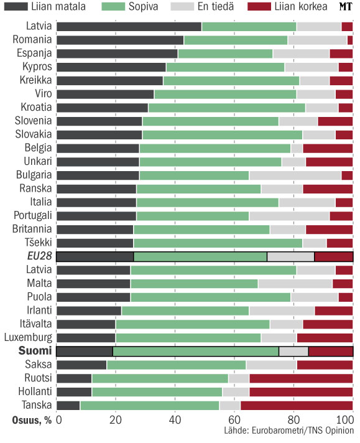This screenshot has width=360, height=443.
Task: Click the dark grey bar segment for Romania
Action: pos(120,40)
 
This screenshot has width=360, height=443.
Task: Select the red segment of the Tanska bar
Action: pos(297,406)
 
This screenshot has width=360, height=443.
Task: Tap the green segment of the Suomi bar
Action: pos(196,351)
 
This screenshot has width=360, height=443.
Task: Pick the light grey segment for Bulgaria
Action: pos(295,175)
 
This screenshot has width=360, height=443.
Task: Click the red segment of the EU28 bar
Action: pos(334,256)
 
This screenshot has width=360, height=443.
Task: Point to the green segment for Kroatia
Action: pos(227,108)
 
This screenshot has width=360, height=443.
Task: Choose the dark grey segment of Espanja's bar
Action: pos(117,54)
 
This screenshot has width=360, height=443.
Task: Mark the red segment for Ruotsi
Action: pos(301,378)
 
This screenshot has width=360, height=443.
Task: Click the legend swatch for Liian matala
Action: pos(16,6)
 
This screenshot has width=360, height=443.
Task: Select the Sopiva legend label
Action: pos(143,6)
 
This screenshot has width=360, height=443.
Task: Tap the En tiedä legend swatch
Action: pos(182,6)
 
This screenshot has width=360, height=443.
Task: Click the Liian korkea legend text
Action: pos(301,6)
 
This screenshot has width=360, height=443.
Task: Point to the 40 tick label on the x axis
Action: pos(175,420)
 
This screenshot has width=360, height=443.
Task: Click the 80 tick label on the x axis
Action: pos(293,420)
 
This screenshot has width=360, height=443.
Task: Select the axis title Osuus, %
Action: pos(32,421)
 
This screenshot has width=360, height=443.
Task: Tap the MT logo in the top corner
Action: pos(346,6)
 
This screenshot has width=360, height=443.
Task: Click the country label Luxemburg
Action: pos(28,338)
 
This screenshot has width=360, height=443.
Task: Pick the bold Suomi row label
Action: pos(35,351)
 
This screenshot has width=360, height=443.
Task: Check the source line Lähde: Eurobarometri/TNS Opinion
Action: pos(289,431)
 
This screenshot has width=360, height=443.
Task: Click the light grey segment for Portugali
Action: pos(289,216)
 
